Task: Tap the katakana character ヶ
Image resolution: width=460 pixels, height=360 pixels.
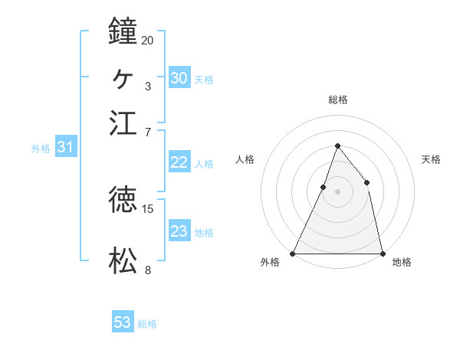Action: click(x=123, y=77)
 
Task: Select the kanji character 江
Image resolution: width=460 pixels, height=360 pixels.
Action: click(x=123, y=123)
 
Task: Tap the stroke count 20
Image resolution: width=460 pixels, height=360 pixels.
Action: click(x=148, y=40)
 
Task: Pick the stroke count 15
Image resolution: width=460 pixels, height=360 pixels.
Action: click(x=148, y=208)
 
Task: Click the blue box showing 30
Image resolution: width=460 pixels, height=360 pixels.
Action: click(x=179, y=78)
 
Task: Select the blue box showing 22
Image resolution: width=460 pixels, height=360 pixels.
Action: click(x=179, y=162)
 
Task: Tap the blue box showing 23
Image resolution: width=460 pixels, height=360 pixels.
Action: click(x=179, y=231)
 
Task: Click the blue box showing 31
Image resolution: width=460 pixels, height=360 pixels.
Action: click(x=65, y=148)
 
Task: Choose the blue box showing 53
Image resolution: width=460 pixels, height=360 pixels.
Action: click(x=123, y=322)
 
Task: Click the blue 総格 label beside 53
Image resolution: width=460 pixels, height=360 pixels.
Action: click(x=147, y=324)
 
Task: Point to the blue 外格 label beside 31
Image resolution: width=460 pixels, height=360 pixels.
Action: click(x=40, y=149)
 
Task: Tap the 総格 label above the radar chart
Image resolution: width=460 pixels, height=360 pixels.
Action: click(x=337, y=100)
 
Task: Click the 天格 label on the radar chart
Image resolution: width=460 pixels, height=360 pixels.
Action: click(x=431, y=159)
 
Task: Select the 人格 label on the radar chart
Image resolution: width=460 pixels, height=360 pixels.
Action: click(x=245, y=159)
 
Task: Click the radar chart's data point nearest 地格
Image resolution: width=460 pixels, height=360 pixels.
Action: click(x=382, y=253)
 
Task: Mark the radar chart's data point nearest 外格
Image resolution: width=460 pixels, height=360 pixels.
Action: click(x=293, y=253)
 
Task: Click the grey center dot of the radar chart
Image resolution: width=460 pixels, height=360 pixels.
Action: click(x=337, y=191)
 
